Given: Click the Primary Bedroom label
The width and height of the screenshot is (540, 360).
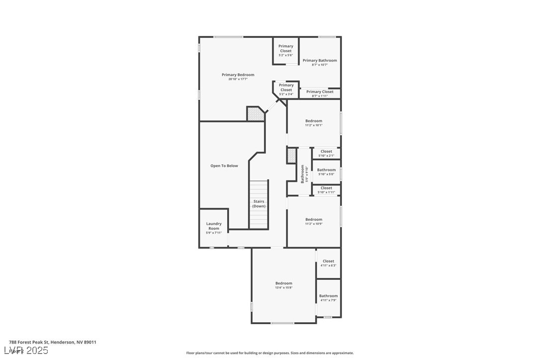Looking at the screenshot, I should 238,75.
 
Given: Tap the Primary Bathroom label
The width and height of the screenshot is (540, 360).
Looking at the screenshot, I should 320,61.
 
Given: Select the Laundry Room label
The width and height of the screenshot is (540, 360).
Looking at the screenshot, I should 214,226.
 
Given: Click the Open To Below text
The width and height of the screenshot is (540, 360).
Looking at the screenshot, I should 224,166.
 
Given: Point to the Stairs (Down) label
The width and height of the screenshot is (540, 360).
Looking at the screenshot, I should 259,204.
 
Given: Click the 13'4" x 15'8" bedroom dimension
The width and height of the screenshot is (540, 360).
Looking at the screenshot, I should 284,288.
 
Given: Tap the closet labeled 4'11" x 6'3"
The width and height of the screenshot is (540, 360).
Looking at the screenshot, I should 328,263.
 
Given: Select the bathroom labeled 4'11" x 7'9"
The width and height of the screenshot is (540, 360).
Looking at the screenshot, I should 328,298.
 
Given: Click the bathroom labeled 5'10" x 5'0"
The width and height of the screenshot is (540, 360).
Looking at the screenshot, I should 326,172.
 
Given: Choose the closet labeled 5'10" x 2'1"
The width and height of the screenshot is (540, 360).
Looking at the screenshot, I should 326,153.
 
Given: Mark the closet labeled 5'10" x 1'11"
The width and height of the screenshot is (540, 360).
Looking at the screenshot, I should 326,190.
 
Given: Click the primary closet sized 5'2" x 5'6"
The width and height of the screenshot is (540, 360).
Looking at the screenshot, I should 286,50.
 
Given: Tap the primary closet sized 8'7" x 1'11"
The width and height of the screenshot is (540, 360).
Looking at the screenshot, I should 320,93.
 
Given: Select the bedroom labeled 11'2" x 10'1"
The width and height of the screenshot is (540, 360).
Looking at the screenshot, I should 314,123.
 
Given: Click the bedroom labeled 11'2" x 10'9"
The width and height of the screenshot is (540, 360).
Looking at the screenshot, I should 314,221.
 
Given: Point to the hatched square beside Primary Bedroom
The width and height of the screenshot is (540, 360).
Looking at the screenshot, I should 255,114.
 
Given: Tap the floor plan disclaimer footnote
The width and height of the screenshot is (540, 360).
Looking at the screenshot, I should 270,353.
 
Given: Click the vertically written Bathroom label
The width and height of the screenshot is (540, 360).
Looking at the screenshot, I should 302,174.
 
